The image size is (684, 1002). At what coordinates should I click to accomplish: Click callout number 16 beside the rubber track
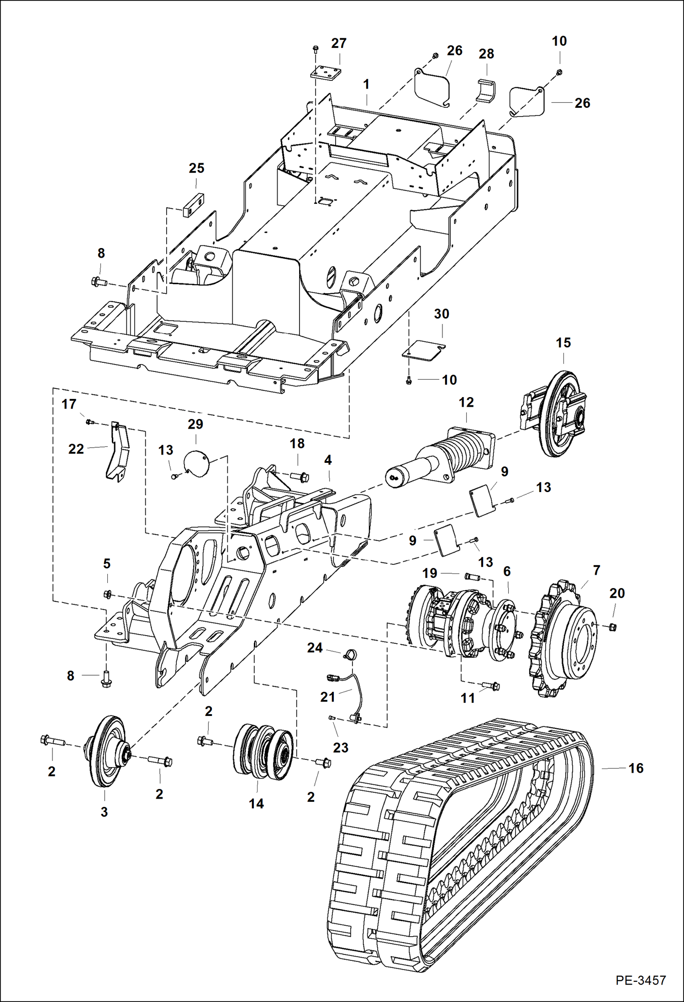[x=636, y=768]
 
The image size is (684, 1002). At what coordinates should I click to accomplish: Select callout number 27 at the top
[x=339, y=43]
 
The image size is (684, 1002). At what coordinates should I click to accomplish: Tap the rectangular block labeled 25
[x=194, y=205]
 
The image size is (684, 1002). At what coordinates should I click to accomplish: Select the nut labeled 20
[x=613, y=627]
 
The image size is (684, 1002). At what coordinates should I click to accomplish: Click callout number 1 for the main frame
[x=366, y=85]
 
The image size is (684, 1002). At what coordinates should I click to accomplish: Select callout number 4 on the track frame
[x=328, y=460]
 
